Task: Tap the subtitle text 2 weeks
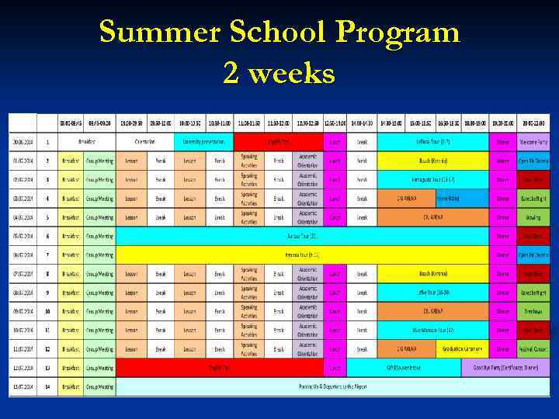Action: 279,73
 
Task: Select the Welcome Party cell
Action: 533,142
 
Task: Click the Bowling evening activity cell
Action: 533,217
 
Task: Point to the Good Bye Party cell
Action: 505,368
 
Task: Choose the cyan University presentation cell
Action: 203,142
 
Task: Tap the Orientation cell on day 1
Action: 145,142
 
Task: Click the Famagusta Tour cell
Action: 432,180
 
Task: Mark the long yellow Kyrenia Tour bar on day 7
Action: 303,255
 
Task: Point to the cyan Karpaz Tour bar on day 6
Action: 303,236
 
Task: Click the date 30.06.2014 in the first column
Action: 22,142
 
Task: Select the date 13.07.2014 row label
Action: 22,386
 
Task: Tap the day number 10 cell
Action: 47,311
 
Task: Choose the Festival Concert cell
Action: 533,349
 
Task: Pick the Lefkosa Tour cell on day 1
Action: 432,142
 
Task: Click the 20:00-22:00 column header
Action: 533,122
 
